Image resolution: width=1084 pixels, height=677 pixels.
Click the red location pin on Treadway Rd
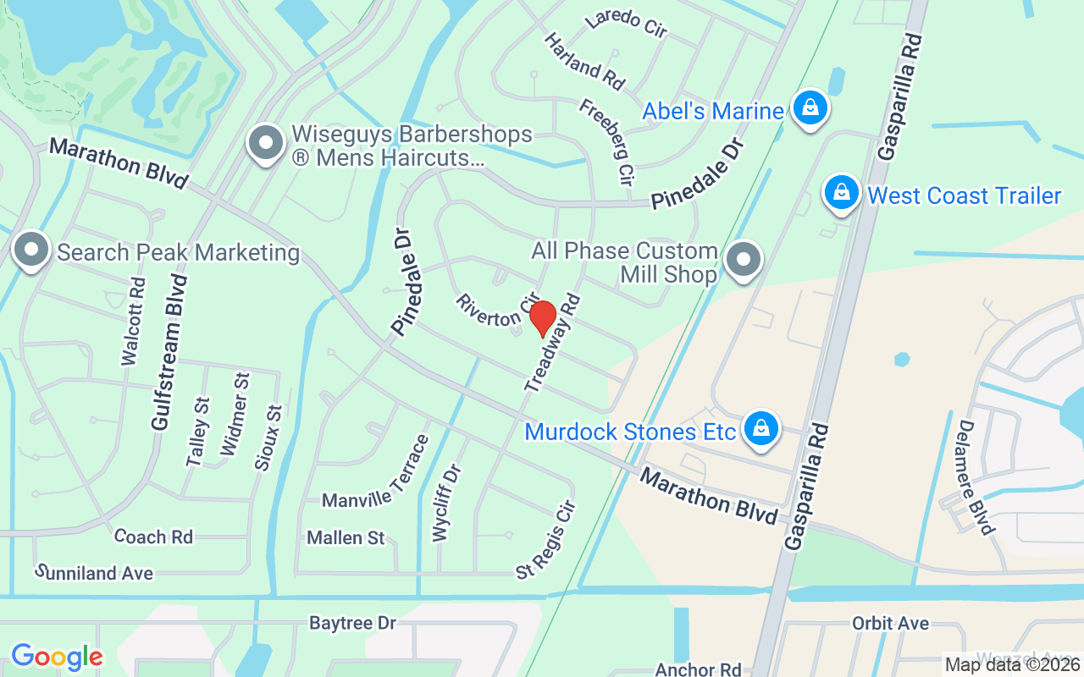(x=542, y=318)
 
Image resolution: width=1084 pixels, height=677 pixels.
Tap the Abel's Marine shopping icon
(x=810, y=108)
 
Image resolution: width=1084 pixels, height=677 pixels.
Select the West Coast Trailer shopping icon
(x=842, y=194)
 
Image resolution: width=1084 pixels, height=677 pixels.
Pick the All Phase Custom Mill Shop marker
(x=744, y=260)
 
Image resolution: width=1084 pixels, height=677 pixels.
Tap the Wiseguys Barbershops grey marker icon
(x=266, y=144)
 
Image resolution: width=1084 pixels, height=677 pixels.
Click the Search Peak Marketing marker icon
(x=32, y=250)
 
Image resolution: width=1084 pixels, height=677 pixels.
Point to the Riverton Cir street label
(x=497, y=311)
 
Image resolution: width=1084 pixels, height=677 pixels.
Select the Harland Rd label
(x=584, y=62)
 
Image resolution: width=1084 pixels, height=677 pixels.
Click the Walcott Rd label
(x=134, y=321)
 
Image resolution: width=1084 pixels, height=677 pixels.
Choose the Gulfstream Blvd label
(x=169, y=352)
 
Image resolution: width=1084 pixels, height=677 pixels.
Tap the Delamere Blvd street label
(x=976, y=477)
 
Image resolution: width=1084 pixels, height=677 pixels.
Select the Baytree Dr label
(x=352, y=624)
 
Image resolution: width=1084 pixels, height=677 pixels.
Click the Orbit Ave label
(x=890, y=624)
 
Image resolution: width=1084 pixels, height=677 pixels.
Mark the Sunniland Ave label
(x=94, y=573)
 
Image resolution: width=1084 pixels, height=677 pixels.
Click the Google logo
(x=57, y=657)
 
